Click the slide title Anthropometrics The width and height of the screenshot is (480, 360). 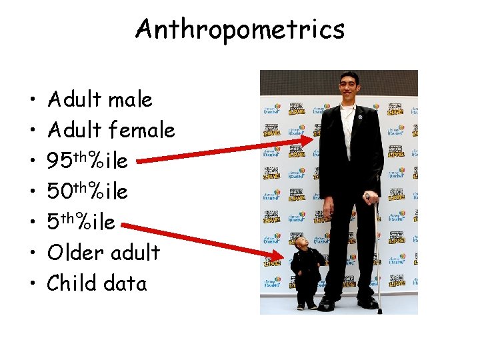point(240,29)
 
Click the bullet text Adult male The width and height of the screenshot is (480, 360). point(100,100)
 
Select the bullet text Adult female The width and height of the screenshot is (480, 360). point(111,130)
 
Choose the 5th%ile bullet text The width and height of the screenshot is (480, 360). point(81,222)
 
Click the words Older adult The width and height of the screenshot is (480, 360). point(103,253)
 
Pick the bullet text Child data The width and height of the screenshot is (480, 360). point(97,283)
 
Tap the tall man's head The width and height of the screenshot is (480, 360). point(350,87)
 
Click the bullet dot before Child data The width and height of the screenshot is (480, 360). point(33,284)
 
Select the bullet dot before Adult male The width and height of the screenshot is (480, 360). point(33,101)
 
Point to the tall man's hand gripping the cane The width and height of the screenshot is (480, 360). point(369,198)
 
